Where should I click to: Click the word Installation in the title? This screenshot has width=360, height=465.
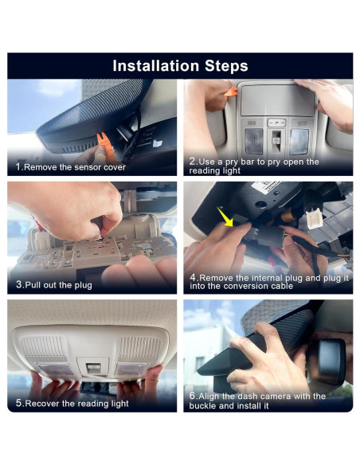155,65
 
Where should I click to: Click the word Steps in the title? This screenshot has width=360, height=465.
226,66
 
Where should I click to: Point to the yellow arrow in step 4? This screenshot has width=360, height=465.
225,217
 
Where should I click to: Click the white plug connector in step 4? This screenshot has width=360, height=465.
315,218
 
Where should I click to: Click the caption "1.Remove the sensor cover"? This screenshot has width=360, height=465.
71,167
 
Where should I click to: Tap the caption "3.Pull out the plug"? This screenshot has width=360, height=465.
54,285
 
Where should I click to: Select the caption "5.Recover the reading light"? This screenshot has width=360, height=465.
72,404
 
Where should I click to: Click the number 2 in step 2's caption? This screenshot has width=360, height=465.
193,162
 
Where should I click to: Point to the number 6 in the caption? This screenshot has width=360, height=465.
193,396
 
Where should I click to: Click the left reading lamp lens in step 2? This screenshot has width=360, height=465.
253,142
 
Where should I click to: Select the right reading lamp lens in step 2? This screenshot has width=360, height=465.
299,142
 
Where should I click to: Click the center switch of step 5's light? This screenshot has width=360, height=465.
93,368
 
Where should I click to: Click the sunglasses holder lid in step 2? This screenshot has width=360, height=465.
277,100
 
